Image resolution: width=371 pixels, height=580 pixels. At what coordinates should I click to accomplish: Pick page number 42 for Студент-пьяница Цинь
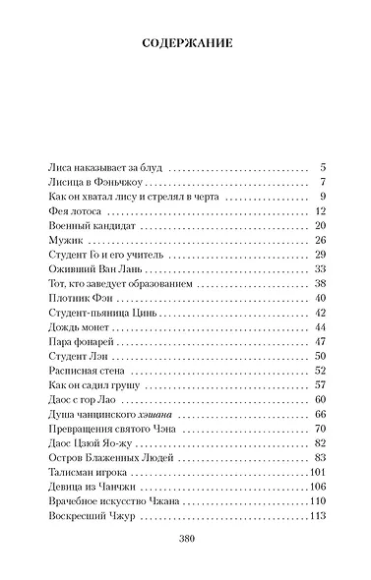319,313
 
